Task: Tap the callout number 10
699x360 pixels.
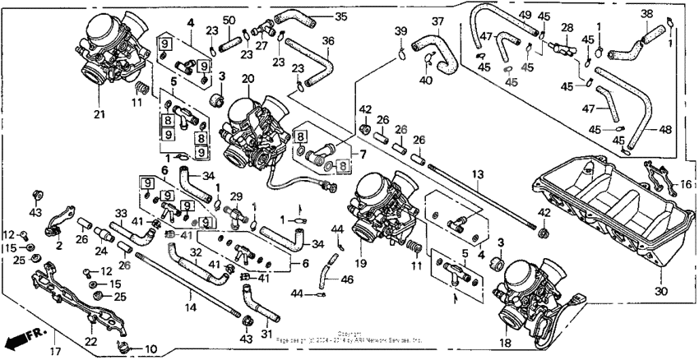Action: [x=150, y=349]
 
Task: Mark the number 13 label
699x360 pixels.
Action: [x=475, y=174]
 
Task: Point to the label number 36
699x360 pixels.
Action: [x=328, y=40]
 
